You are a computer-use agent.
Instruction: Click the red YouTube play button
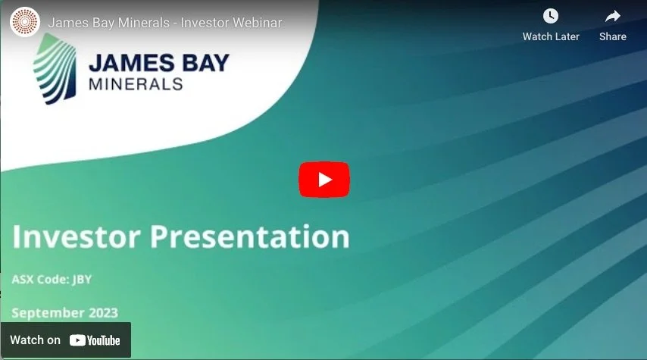(323, 180)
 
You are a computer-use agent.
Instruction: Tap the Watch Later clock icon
(551, 16)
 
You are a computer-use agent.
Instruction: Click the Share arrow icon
(612, 16)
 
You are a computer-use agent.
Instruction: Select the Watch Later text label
(551, 36)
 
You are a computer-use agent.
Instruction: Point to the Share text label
(612, 36)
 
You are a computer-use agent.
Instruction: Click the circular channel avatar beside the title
(24, 22)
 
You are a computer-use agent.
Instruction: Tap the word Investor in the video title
(202, 23)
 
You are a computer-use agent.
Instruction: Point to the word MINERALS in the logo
(136, 83)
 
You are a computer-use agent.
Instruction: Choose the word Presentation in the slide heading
(250, 236)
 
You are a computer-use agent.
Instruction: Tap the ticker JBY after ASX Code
(82, 280)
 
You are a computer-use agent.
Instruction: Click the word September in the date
(48, 313)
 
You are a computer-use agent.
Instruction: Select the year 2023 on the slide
(103, 313)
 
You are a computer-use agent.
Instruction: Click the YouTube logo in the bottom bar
(95, 340)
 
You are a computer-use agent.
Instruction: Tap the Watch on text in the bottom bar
(35, 340)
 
